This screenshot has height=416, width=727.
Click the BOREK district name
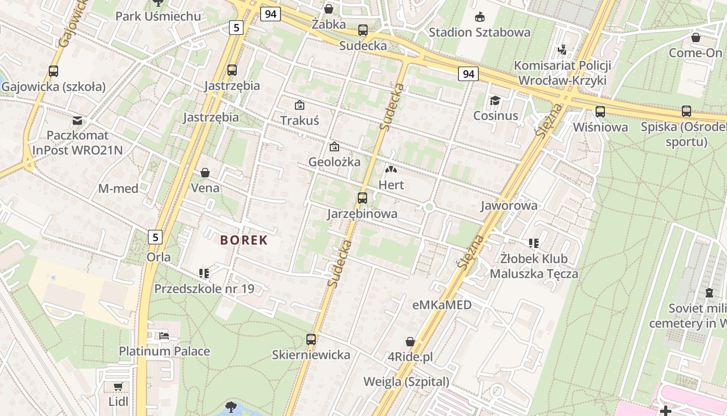244,240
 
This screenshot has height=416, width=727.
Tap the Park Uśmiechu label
158,16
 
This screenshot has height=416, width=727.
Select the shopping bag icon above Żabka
329,9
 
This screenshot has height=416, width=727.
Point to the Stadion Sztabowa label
479,32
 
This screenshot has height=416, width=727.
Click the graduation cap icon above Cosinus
495,100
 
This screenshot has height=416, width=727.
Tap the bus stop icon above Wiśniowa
600,111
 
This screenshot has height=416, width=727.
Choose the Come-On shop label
695,53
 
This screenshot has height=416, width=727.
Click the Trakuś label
300,121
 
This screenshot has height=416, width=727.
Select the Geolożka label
334,162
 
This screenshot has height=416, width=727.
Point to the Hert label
391,185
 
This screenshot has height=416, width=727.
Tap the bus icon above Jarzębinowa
362,198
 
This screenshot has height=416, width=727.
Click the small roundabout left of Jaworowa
429,207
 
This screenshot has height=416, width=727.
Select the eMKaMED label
442,305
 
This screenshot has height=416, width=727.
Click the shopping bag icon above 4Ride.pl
410,342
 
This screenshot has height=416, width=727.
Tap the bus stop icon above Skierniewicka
311,340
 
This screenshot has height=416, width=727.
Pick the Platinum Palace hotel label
165,351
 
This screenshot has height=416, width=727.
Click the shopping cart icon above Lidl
118,386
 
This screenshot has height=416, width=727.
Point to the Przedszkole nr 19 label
204,288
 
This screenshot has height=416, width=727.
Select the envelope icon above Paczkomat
77,121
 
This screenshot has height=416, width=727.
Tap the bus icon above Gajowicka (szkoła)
53,71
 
